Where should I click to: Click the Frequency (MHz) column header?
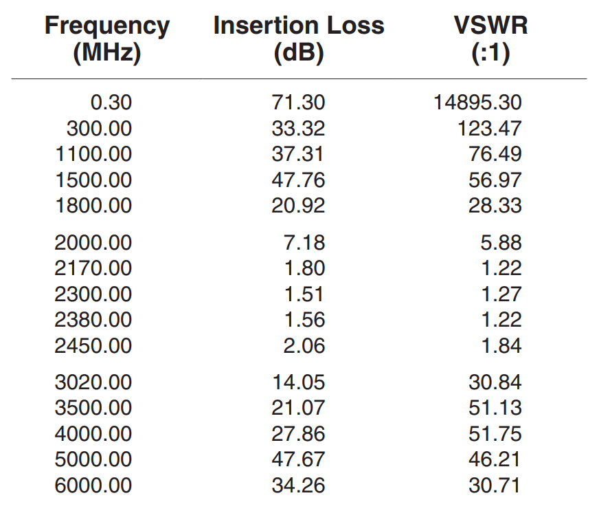click(106, 39)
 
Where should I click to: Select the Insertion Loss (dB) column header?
click(298, 39)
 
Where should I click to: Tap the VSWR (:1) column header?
click(490, 39)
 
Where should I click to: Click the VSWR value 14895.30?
click(477, 103)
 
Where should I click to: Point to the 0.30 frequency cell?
click(111, 103)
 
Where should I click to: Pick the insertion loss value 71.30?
click(298, 103)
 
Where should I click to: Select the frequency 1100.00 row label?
click(93, 154)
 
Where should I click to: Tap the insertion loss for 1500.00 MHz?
click(298, 180)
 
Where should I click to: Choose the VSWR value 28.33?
click(495, 206)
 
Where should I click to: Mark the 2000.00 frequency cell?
click(93, 243)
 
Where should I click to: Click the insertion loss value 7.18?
click(304, 243)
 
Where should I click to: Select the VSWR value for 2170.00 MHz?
click(501, 268)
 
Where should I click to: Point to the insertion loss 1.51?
click(304, 294)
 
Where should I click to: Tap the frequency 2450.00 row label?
click(93, 346)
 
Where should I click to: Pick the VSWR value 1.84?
click(501, 346)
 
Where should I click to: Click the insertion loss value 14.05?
click(298, 382)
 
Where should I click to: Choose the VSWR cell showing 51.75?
click(495, 434)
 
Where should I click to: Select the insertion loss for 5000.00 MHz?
click(298, 459)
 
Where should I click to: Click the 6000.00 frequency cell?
click(93, 486)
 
